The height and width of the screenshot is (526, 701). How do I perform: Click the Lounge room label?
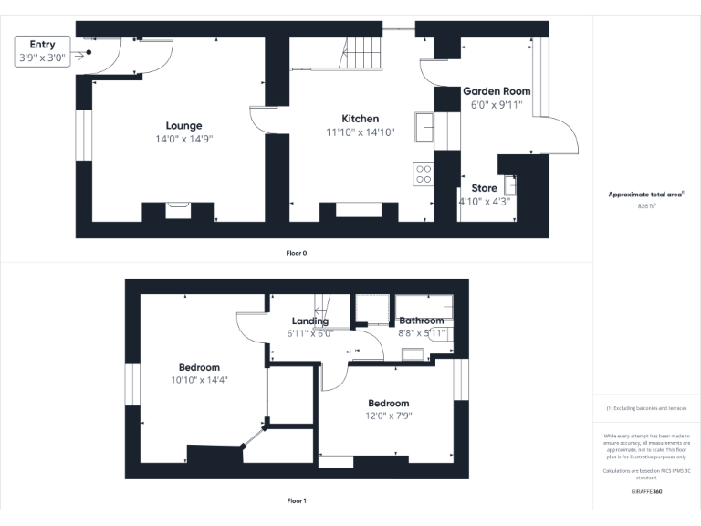coord(183,125)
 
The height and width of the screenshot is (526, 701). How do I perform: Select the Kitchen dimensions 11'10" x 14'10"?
coord(360,132)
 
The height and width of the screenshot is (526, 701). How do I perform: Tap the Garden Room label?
coord(497,91)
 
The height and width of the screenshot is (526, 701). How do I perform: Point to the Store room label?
coord(484,188)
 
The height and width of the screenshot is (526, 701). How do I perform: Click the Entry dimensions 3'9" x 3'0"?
coord(42,58)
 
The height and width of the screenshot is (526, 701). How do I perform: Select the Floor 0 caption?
coord(297,252)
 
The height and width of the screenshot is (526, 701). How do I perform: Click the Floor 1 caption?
coord(297,500)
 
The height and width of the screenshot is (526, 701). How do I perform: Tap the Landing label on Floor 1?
coord(310,321)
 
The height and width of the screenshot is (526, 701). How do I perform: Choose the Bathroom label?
coord(421,321)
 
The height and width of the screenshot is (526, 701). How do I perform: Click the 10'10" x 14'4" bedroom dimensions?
coord(199,379)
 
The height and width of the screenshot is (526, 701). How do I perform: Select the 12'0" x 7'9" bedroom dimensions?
coord(388,416)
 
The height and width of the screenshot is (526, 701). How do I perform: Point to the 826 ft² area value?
coord(646,206)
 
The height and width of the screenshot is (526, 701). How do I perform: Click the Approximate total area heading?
coord(646,195)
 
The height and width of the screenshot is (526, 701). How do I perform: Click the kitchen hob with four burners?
coord(424,174)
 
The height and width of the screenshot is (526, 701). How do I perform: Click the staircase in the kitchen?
coord(361,52)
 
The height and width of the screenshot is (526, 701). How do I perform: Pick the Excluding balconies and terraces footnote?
coord(646,408)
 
